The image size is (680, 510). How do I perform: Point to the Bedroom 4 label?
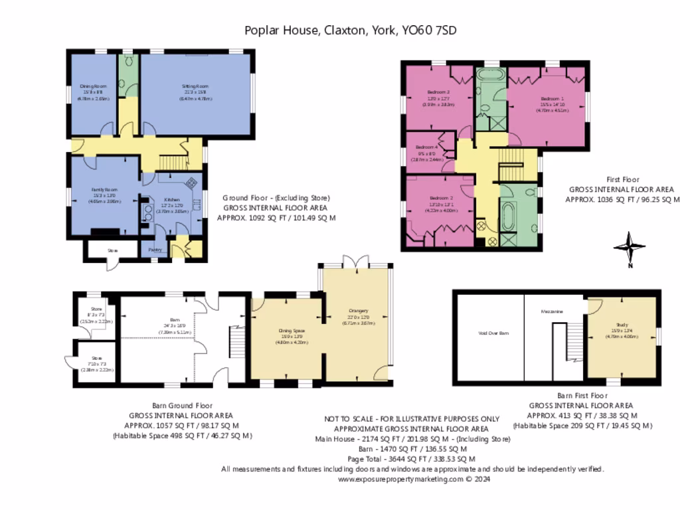tap(427, 147)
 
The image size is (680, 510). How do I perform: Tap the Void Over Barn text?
tap(493, 333)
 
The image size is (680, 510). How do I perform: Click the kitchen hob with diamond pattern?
tap(191, 183)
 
